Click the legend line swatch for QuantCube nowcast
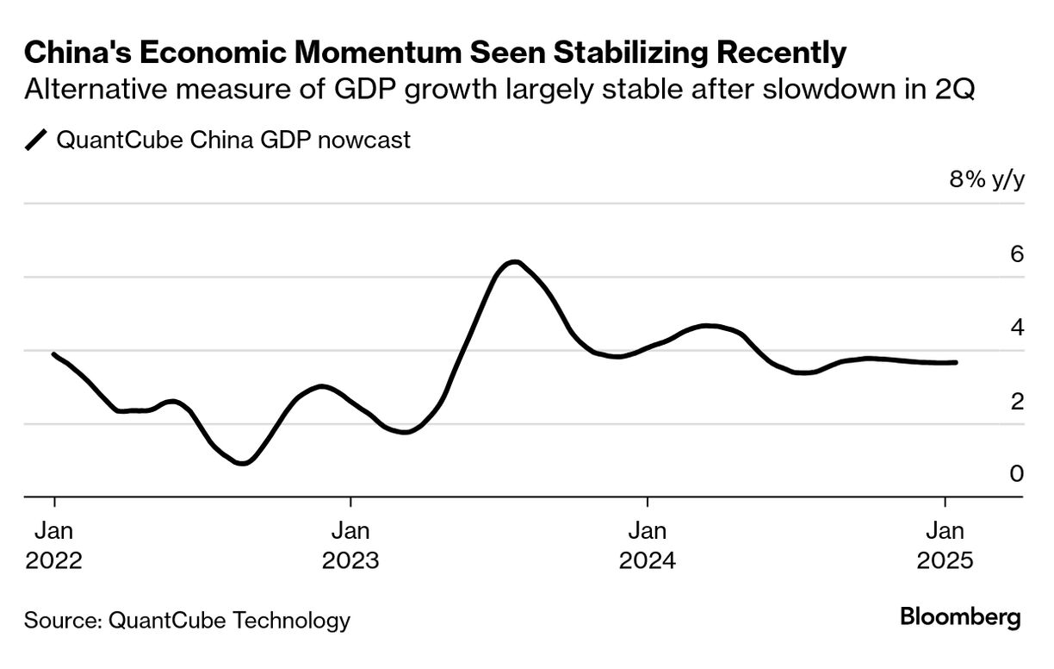[37, 140]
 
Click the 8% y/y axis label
[987, 180]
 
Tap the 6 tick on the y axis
[1016, 254]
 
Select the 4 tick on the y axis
[1016, 328]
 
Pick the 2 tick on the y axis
[1016, 401]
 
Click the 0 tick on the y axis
[1016, 474]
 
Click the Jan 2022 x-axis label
[54, 544]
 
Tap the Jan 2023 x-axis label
[350, 544]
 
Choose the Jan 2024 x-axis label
[647, 544]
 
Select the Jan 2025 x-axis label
[945, 544]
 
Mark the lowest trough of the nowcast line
[244, 463]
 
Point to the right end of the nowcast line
[955, 362]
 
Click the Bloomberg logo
[960, 617]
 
